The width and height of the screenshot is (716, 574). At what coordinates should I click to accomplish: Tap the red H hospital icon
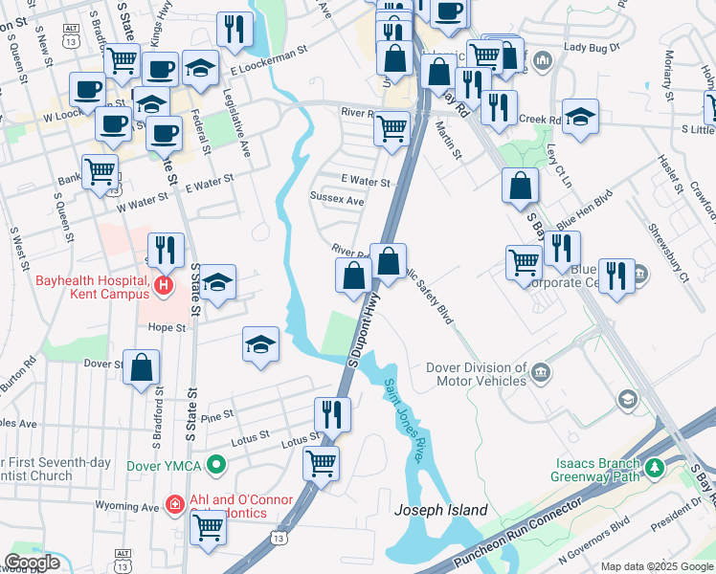click(164, 285)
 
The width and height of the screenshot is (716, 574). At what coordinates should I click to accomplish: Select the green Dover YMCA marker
click(218, 467)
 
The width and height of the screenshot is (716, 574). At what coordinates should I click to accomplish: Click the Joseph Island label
click(441, 510)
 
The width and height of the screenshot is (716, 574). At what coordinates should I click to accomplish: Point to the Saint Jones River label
click(405, 421)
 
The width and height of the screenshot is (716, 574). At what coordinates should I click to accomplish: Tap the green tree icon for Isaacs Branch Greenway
click(656, 469)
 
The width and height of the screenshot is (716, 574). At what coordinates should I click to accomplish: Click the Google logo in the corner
click(33, 562)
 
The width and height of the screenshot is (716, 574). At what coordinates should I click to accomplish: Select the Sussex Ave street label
click(337, 201)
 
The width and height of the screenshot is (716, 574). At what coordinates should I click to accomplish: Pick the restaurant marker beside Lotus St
click(332, 413)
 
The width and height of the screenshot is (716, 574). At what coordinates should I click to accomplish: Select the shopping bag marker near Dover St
click(141, 366)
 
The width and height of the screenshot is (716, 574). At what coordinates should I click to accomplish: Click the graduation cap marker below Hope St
click(260, 344)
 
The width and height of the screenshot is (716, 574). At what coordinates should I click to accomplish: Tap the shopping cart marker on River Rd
click(392, 127)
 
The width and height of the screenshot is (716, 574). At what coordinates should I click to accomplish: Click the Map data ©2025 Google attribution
click(658, 566)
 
